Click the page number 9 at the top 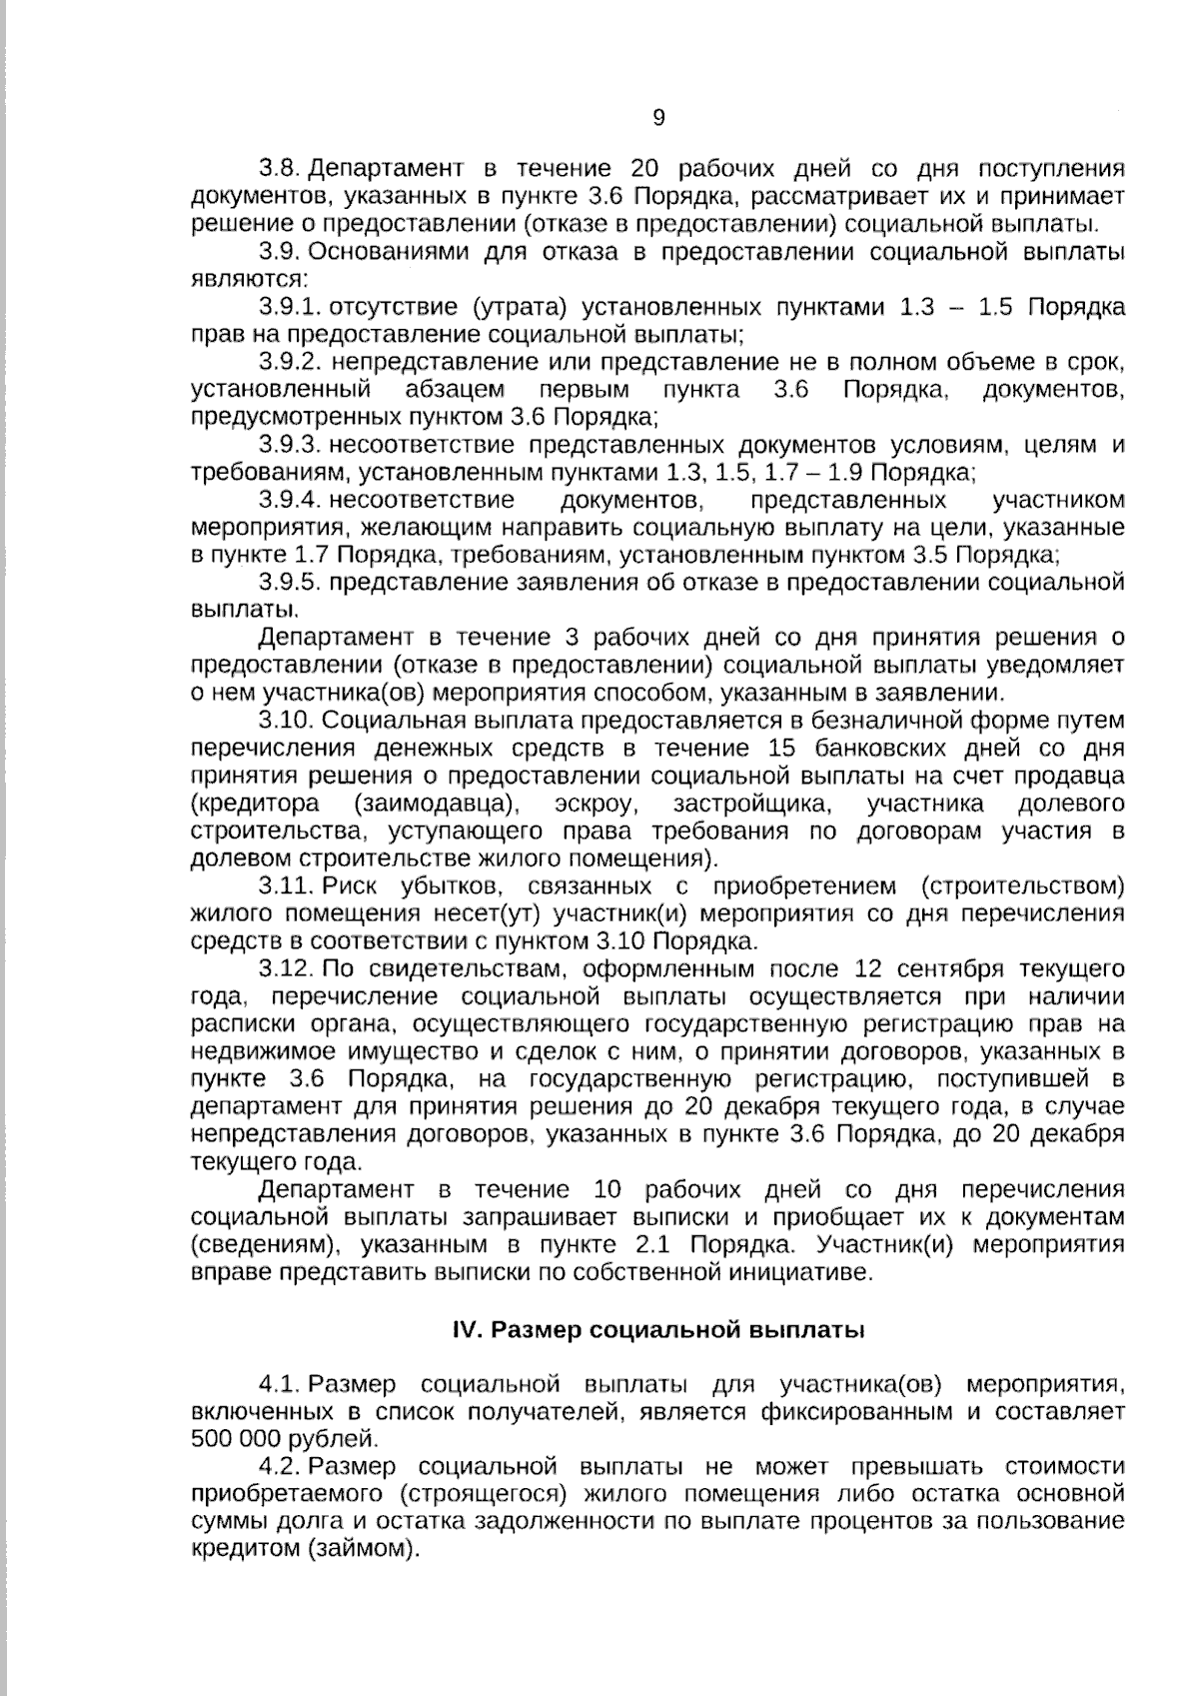point(658,118)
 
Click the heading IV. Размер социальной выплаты point(658,1330)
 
